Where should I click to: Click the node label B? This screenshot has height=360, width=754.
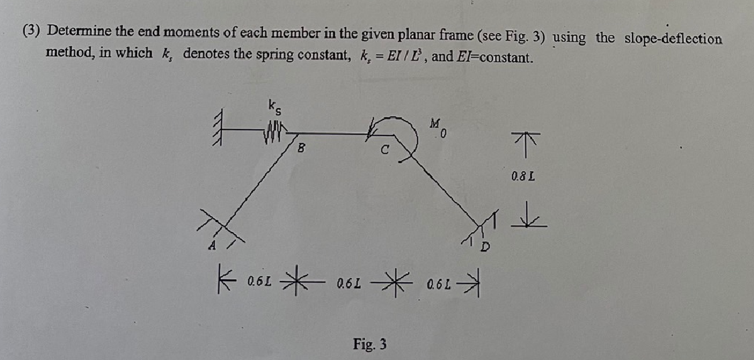click(301, 149)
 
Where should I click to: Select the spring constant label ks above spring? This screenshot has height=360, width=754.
click(274, 105)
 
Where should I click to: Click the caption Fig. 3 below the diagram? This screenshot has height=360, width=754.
click(370, 344)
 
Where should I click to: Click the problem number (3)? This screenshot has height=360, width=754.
click(31, 32)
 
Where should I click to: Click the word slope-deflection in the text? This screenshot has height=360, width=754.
click(673, 38)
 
